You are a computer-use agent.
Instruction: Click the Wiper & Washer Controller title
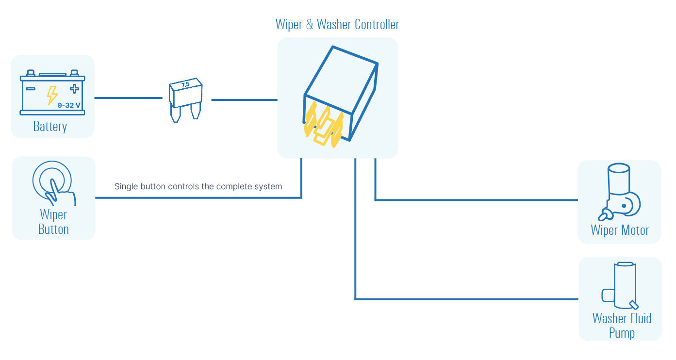pyautogui.click(x=337, y=24)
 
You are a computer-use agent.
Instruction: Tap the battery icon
pyautogui.click(x=52, y=93)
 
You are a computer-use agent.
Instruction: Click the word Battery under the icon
pyautogui.click(x=50, y=127)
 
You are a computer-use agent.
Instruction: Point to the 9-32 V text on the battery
pyautogui.click(x=69, y=104)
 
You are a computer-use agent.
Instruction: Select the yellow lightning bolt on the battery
pyautogui.click(x=52, y=95)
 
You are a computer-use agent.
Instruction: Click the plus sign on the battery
pyautogui.click(x=74, y=88)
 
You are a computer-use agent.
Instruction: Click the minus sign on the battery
pyautogui.click(x=31, y=89)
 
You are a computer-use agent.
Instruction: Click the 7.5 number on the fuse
pyautogui.click(x=185, y=84)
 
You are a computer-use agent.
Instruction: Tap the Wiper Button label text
pyautogui.click(x=53, y=222)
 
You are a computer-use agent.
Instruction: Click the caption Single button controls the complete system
pyautogui.click(x=198, y=186)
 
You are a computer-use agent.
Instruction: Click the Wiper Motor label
pyautogui.click(x=620, y=229)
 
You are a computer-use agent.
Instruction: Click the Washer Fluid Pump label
pyautogui.click(x=622, y=326)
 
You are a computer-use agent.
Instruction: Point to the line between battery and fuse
pyautogui.click(x=128, y=98)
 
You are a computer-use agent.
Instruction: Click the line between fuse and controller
pyautogui.click(x=244, y=100)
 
